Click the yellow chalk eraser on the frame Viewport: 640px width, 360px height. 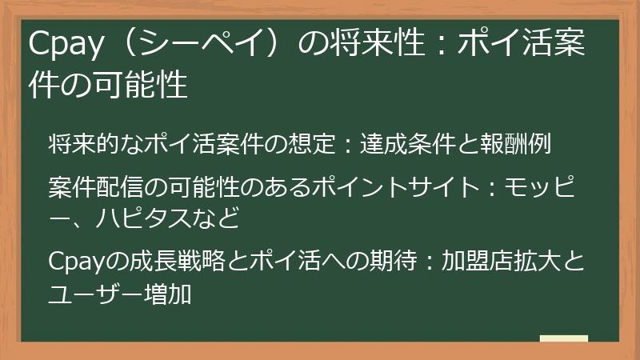(563, 339)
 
